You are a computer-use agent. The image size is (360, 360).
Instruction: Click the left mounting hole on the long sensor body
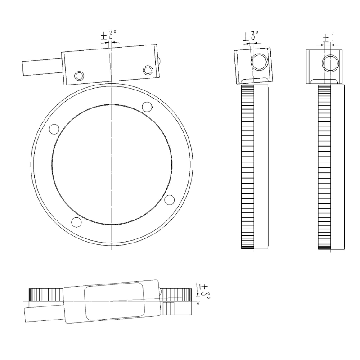coord(80,75)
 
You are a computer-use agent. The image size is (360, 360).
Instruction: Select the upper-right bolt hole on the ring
coord(146,107)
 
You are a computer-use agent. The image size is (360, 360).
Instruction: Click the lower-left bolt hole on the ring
coord(76,221)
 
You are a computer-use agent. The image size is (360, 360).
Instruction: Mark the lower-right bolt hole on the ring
coord(169,199)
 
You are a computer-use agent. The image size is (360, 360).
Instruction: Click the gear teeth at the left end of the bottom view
coord(45,295)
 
